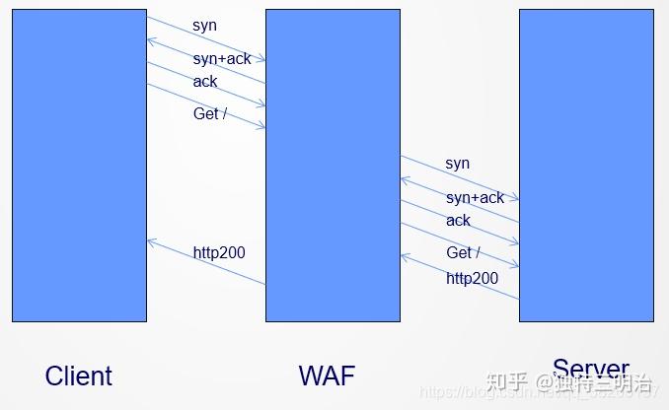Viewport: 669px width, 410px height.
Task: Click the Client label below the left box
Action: pos(79,376)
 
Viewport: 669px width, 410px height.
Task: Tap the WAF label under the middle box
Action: pos(327,376)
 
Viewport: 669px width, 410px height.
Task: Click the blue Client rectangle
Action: pos(79,165)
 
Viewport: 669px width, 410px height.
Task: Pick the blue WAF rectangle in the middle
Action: pos(333,165)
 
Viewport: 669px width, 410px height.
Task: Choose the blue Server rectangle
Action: pos(585,165)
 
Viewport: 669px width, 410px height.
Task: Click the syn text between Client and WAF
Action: pos(204,25)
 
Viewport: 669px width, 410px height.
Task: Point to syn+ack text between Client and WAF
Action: pos(222,59)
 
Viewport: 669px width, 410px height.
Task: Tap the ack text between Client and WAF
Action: pos(205,82)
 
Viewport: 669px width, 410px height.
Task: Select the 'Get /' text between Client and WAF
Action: pos(210,113)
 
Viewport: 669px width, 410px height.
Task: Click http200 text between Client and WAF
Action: pos(219,253)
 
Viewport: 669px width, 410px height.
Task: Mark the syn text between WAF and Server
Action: pos(457,164)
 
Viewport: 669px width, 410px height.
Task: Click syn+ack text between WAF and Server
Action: pos(475,198)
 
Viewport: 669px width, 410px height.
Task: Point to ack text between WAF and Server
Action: pos(458,221)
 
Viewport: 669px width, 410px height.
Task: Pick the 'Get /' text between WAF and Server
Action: pos(463,253)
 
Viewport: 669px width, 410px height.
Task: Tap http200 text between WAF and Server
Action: pos(472,279)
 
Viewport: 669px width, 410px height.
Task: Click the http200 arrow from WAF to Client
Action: pos(205,262)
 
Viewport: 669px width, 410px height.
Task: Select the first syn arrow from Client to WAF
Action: pos(205,38)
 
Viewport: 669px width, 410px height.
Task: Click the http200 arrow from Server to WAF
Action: pos(459,277)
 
